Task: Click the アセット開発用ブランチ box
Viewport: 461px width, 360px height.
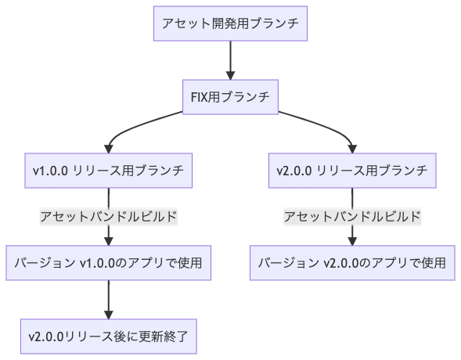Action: (x=230, y=23)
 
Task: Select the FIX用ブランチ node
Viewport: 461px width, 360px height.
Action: (x=230, y=97)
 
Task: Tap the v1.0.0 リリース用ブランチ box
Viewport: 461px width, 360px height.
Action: (x=108, y=171)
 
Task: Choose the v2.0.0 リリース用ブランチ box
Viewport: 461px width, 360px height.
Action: (x=352, y=171)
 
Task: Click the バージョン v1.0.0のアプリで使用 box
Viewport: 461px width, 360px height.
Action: (x=108, y=263)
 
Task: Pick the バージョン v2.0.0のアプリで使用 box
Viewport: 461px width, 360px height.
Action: (x=352, y=263)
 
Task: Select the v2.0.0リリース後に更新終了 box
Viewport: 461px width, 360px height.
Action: (x=108, y=337)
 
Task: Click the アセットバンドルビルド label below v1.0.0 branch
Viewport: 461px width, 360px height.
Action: (x=108, y=217)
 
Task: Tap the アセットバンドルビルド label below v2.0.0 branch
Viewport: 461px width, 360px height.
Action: (x=352, y=217)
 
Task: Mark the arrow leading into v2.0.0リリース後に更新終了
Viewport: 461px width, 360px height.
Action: (x=108, y=297)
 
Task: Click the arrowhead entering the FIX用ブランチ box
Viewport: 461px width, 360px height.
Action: (x=230, y=74)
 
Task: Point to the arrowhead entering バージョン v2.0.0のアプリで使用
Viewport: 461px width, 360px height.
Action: (x=352, y=240)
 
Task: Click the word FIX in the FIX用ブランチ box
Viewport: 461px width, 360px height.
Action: (x=200, y=97)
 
